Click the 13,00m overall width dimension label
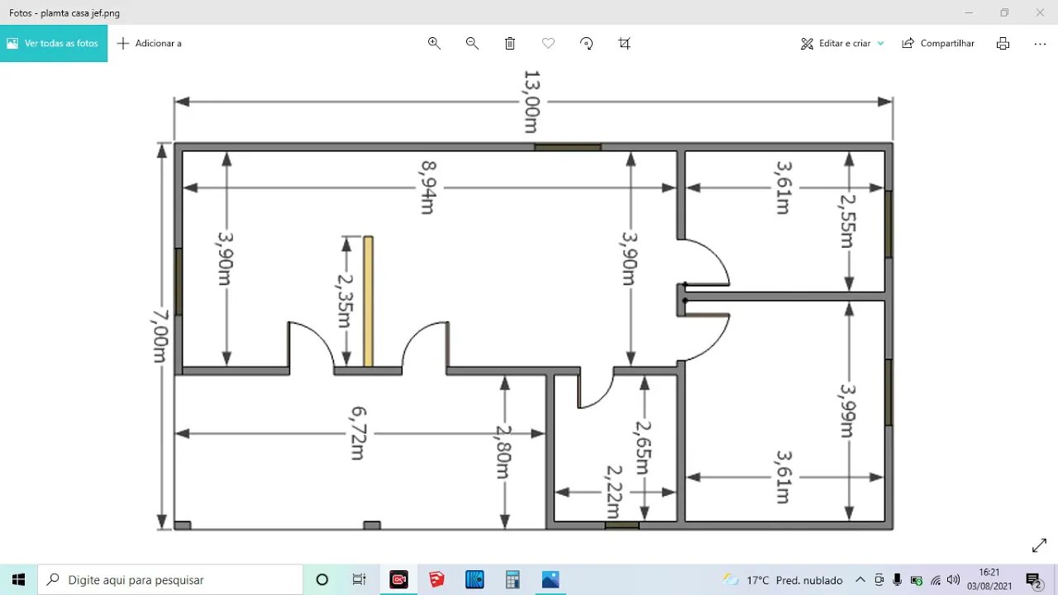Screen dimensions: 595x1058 (x=531, y=102)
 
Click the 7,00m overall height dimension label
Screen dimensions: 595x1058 (x=158, y=336)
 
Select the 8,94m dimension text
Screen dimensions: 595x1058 (x=427, y=188)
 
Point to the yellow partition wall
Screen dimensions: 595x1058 (x=368, y=302)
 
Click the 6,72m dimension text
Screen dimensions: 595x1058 (x=358, y=433)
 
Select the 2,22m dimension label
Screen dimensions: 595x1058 (x=613, y=492)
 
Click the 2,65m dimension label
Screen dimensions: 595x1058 (x=643, y=447)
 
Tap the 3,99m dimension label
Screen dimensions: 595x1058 (x=847, y=411)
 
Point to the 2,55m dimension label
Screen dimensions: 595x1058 (x=847, y=221)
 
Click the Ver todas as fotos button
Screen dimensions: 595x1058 (x=54, y=43)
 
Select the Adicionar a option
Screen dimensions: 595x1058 (x=150, y=43)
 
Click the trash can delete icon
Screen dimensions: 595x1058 (x=510, y=43)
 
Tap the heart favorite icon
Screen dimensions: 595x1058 (x=548, y=43)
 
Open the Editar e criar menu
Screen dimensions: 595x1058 (x=842, y=43)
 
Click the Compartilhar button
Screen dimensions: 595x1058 (x=938, y=43)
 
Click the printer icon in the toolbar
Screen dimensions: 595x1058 (x=1003, y=43)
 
